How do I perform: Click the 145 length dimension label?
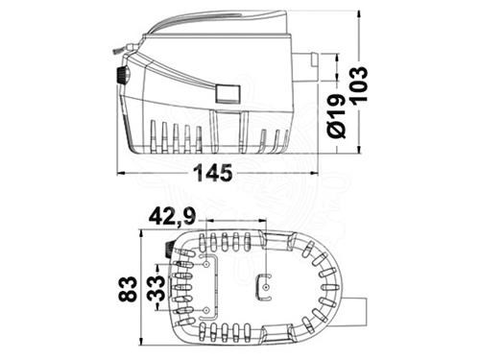(x=213, y=173)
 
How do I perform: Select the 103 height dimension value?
(x=359, y=84)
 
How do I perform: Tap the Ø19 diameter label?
(x=337, y=116)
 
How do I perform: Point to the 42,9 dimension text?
(x=172, y=217)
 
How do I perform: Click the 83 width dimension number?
(x=128, y=289)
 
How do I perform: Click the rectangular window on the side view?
(x=228, y=94)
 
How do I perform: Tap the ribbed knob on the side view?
(x=123, y=75)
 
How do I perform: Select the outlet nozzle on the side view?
(x=306, y=67)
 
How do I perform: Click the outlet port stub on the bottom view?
(x=356, y=312)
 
